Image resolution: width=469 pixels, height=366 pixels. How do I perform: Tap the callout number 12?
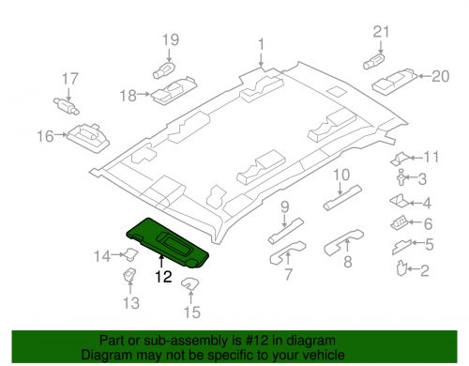point(163,277)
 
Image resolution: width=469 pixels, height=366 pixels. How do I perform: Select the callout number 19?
point(171,40)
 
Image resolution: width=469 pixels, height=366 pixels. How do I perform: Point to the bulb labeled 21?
point(374,61)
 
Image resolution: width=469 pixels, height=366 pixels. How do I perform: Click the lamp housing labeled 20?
point(395,80)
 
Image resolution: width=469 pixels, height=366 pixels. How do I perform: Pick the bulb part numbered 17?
point(67,106)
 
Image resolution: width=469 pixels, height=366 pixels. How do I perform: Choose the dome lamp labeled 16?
point(88,138)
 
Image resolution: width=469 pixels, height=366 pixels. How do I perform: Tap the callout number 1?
point(261,45)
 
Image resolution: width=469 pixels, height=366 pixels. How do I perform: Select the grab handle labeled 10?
point(342,198)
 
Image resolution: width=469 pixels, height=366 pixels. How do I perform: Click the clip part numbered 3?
point(401,177)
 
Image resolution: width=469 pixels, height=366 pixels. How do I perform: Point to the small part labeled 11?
point(401,159)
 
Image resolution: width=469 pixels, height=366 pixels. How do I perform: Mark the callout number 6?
point(428,224)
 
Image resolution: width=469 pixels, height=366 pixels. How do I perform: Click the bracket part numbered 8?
point(343,242)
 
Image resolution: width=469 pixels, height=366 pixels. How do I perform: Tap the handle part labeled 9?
point(286,231)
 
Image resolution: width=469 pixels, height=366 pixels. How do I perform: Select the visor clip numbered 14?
point(131,253)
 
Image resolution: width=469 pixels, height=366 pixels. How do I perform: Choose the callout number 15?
point(191,312)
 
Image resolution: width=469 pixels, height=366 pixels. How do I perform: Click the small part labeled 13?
point(130,275)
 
